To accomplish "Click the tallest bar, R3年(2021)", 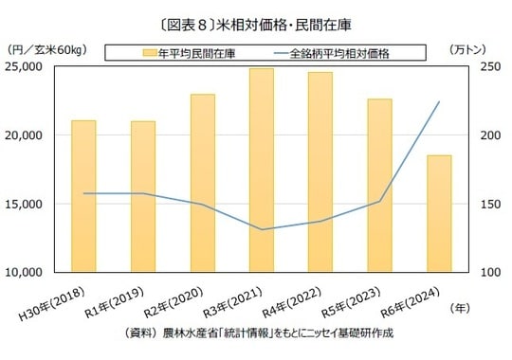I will (262, 170).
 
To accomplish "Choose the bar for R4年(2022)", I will (320, 171).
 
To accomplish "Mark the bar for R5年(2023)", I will (379, 185).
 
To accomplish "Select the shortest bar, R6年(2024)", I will (439, 213).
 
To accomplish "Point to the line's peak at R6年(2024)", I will (439, 102).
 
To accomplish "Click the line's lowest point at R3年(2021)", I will (262, 229).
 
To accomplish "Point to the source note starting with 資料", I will (257, 333).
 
